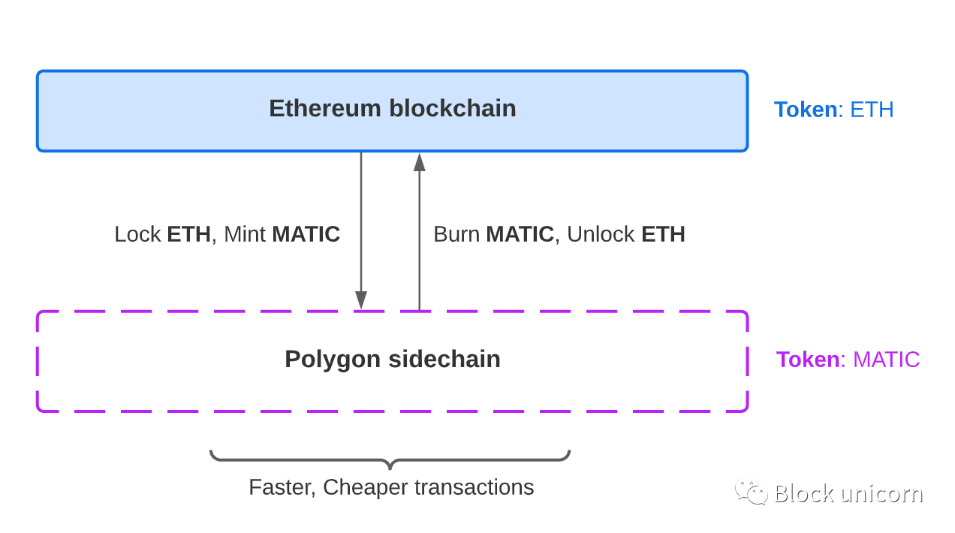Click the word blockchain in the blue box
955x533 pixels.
453,109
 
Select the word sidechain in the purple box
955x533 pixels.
444,360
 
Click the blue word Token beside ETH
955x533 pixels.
806,110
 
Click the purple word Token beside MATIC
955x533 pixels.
808,360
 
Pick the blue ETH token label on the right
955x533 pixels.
872,110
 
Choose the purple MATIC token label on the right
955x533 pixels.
886,360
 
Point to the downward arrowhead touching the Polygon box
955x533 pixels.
361,300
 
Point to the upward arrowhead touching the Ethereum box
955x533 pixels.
420,162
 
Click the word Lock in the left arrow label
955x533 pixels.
137,234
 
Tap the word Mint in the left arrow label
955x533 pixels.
245,234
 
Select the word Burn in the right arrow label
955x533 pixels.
456,234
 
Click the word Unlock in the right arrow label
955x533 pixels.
601,234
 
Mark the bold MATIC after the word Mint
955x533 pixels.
306,234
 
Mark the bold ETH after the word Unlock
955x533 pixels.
663,234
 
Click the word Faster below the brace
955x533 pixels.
281,488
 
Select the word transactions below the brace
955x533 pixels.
474,488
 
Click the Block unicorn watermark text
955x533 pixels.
848,494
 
